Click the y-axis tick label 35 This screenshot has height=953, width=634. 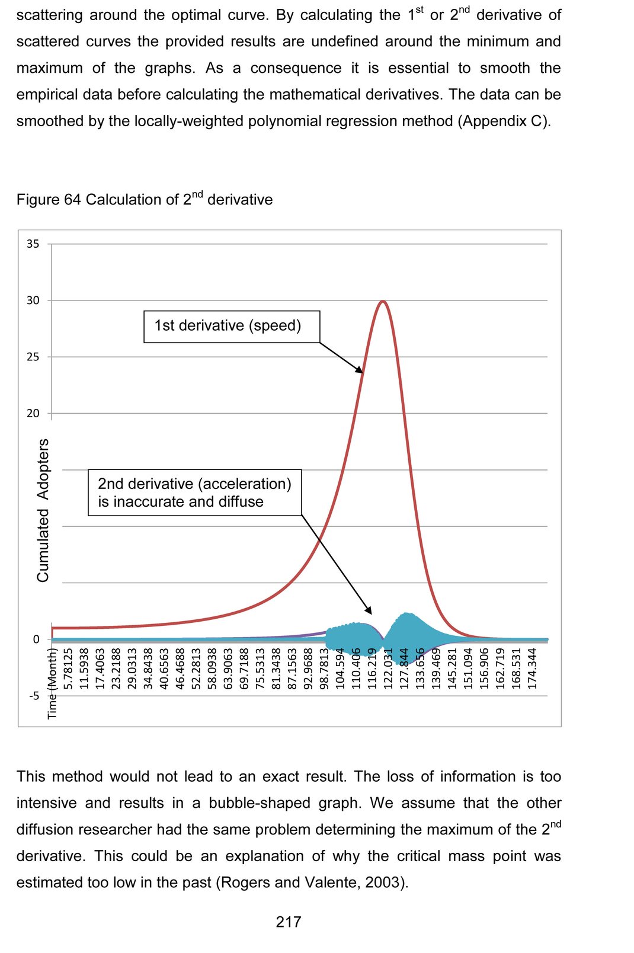[33, 244]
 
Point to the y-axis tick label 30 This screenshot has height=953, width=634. [33, 300]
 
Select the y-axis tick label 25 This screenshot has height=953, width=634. [33, 357]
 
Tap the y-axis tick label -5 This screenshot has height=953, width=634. [34, 696]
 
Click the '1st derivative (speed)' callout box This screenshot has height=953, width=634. [232, 327]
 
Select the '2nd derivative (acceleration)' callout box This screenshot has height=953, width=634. [195, 493]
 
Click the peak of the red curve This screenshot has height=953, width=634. [383, 302]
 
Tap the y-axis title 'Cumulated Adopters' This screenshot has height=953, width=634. [43, 510]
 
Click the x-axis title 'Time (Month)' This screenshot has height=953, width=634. [52, 683]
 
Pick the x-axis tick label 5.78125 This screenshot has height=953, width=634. [69, 668]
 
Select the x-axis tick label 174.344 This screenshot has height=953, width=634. [532, 668]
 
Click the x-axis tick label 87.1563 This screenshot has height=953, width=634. [292, 668]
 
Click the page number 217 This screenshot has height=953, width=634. [289, 922]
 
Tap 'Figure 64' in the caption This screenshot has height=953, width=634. [49, 200]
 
